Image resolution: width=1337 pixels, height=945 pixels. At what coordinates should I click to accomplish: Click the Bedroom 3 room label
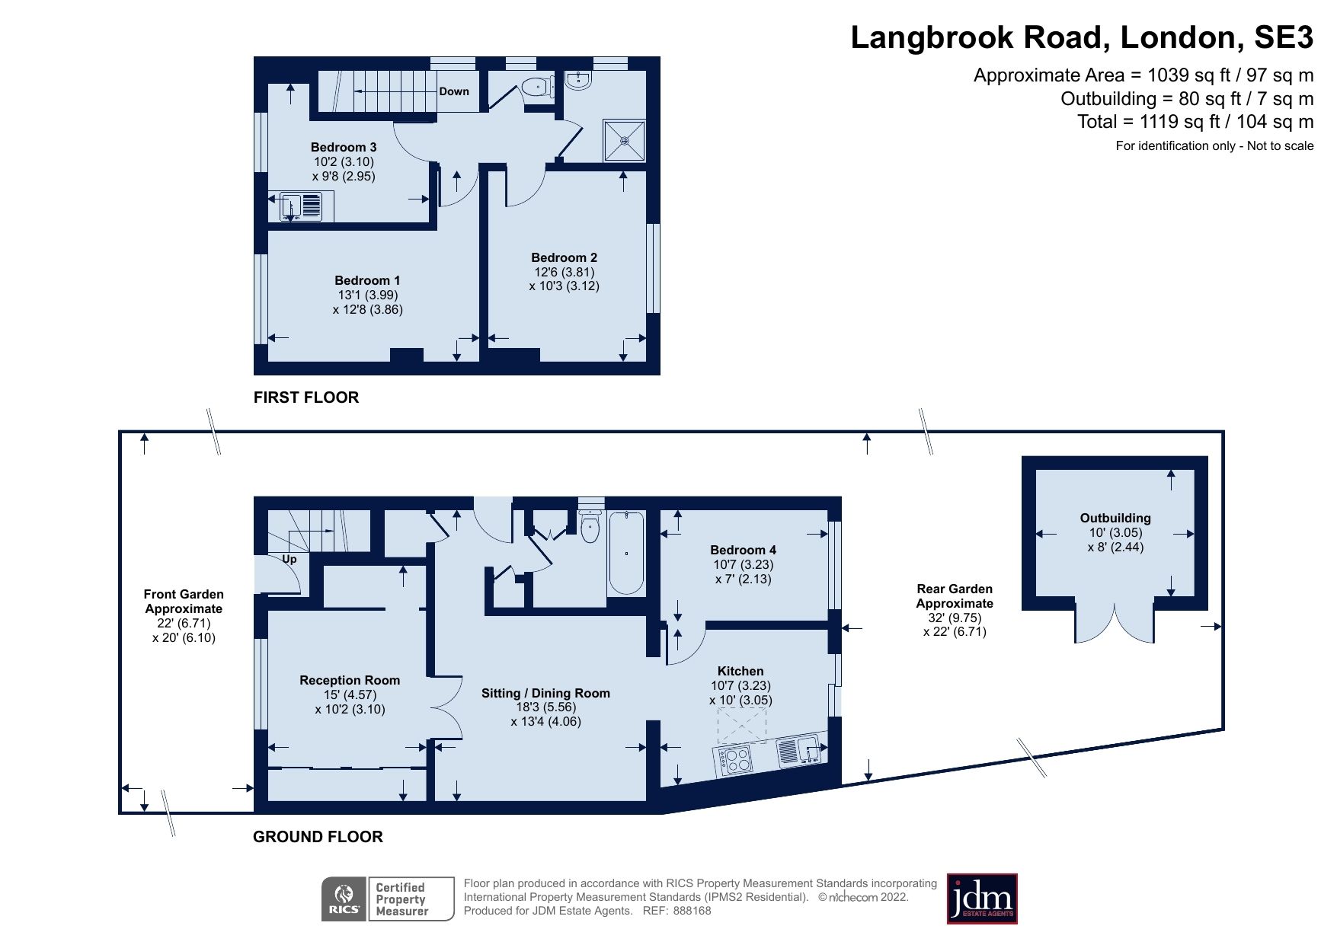coord(344,147)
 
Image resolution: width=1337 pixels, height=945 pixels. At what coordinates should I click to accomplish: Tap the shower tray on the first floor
coord(624,140)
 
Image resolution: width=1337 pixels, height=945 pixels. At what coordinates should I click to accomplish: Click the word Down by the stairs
coord(454,91)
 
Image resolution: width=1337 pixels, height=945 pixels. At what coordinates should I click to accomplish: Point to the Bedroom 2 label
coord(564,257)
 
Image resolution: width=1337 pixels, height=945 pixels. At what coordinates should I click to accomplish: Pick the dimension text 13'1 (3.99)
coord(368,295)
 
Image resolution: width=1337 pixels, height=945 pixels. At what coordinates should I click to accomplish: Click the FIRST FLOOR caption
coord(306,397)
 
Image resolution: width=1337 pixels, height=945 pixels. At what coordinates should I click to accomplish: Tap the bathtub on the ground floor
coord(626,554)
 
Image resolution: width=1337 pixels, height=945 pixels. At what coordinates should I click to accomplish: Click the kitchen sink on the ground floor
coord(799,750)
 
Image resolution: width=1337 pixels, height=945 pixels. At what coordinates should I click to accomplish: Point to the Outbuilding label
coord(1115,518)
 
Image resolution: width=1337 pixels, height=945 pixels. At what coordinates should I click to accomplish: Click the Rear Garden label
coord(955,589)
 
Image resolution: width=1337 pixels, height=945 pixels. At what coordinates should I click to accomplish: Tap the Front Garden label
coord(184,594)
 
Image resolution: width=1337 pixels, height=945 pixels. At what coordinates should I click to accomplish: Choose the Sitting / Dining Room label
coord(545,693)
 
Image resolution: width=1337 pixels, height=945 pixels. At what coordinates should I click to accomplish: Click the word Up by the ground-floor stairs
coord(289,559)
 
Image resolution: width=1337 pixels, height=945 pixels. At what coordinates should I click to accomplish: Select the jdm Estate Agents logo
coord(981,899)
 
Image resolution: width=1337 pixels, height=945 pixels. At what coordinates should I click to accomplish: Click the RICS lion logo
coord(344,899)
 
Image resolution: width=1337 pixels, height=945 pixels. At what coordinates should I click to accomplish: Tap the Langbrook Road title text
coord(1081,37)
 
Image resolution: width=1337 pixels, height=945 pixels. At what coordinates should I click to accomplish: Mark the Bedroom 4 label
coord(743,550)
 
